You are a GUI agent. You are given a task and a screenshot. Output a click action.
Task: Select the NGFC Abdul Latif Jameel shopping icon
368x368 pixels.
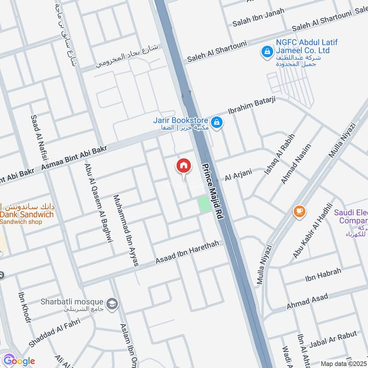[x=266, y=52]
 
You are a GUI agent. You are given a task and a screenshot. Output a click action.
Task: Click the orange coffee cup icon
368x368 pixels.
[x=299, y=211]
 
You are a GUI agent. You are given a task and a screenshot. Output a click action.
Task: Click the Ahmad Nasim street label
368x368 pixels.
[x=296, y=164]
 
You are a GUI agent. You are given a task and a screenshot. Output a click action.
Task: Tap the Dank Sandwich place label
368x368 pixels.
[x=27, y=214]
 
